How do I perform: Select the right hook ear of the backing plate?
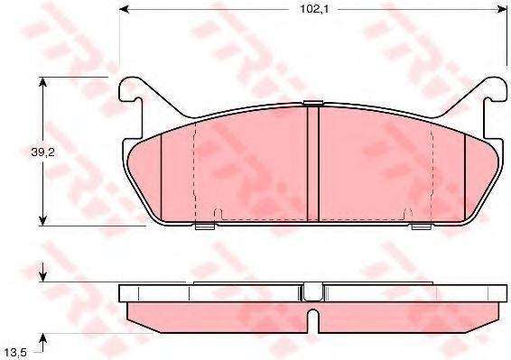pyautogui.click(x=491, y=90)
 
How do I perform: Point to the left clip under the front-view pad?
pyautogui.click(x=204, y=226)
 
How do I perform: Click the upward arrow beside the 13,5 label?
pyautogui.click(x=42, y=338)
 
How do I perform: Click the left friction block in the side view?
pyautogui.click(x=217, y=313)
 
